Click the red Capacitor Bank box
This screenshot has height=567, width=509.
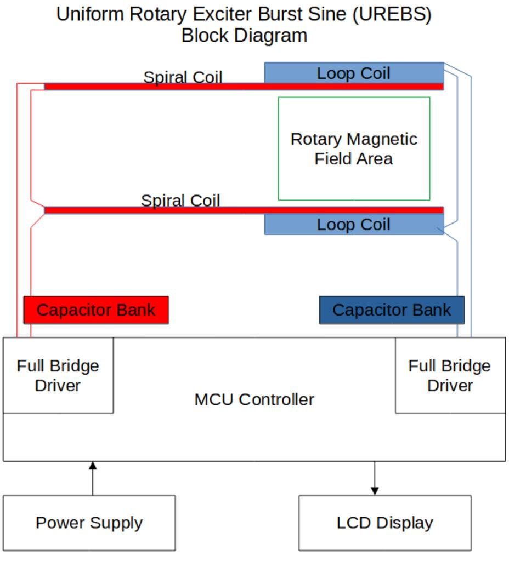point(96,310)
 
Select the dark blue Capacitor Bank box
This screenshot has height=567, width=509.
point(392,310)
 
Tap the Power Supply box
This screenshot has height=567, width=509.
point(89,523)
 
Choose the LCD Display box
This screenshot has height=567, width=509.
point(384,523)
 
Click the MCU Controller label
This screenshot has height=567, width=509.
point(254,399)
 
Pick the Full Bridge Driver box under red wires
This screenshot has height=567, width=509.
point(58,375)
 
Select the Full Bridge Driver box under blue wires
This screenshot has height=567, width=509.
point(450,375)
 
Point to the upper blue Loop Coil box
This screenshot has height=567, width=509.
point(354,73)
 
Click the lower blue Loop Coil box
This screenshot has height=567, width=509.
point(354,225)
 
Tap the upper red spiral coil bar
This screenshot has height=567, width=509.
point(244,87)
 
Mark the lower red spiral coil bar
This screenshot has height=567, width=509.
point(244,210)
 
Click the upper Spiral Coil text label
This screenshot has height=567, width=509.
point(183,77)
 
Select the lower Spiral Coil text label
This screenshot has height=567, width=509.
point(180,201)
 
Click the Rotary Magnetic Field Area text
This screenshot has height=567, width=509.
point(354,148)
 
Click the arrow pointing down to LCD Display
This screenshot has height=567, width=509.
point(375,478)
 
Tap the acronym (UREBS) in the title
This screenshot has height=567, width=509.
point(392,15)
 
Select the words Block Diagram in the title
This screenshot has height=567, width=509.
point(244,36)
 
